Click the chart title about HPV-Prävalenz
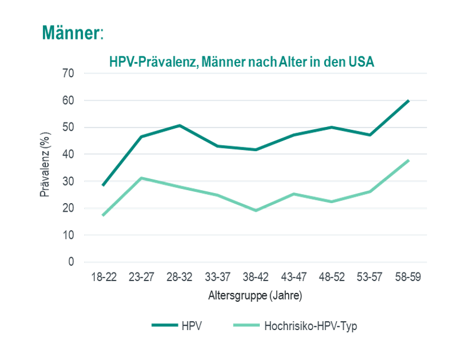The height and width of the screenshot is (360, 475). click(x=241, y=62)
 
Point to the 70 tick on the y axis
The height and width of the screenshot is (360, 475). click(x=68, y=73)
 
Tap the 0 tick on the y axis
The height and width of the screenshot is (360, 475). click(x=71, y=262)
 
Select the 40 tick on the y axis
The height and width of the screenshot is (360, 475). click(x=68, y=154)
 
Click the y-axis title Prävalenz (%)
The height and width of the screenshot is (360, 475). click(x=45, y=168)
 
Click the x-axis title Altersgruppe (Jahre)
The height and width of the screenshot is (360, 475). click(x=255, y=295)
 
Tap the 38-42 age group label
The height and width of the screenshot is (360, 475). click(x=255, y=277)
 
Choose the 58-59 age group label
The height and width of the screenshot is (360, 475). click(x=408, y=277)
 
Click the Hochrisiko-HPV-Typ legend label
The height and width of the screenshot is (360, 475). click(x=311, y=326)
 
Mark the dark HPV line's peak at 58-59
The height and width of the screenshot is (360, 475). click(x=408, y=100)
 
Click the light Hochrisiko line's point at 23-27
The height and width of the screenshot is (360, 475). click(x=141, y=178)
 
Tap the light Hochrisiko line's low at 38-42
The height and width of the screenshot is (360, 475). click(x=255, y=210)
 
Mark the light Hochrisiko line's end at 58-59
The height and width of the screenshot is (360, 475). click(x=408, y=160)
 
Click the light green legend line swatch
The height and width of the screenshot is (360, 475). click(x=246, y=326)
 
